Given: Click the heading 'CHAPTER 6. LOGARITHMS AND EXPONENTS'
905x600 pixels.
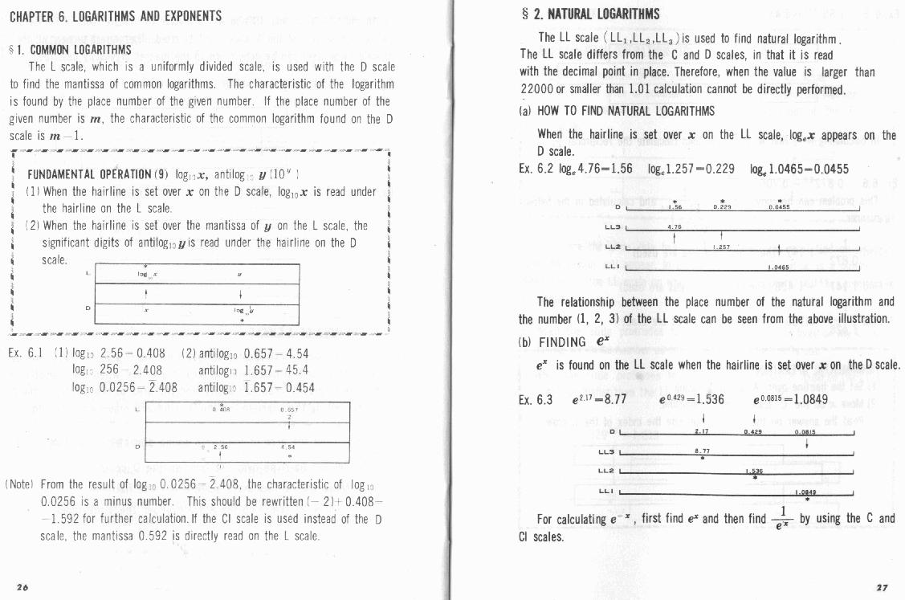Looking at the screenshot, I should click(116, 16).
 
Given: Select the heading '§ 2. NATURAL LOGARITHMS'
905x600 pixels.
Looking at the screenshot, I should click(590, 14).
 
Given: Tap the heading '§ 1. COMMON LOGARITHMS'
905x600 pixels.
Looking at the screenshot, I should click(71, 50).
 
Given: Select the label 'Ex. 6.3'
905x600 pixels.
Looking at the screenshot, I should click(536, 399).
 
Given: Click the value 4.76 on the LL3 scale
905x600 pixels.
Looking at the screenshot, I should click(675, 227).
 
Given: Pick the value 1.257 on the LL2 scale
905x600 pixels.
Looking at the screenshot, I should click(720, 247).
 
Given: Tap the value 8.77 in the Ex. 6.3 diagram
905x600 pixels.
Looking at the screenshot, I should click(702, 451).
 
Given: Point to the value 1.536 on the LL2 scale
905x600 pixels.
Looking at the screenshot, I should click(754, 471).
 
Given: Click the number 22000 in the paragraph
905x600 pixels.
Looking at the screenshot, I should click(541, 88).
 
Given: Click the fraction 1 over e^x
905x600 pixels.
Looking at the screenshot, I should click(781, 519).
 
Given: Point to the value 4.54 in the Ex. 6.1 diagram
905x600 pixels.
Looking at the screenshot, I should click(290, 447).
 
